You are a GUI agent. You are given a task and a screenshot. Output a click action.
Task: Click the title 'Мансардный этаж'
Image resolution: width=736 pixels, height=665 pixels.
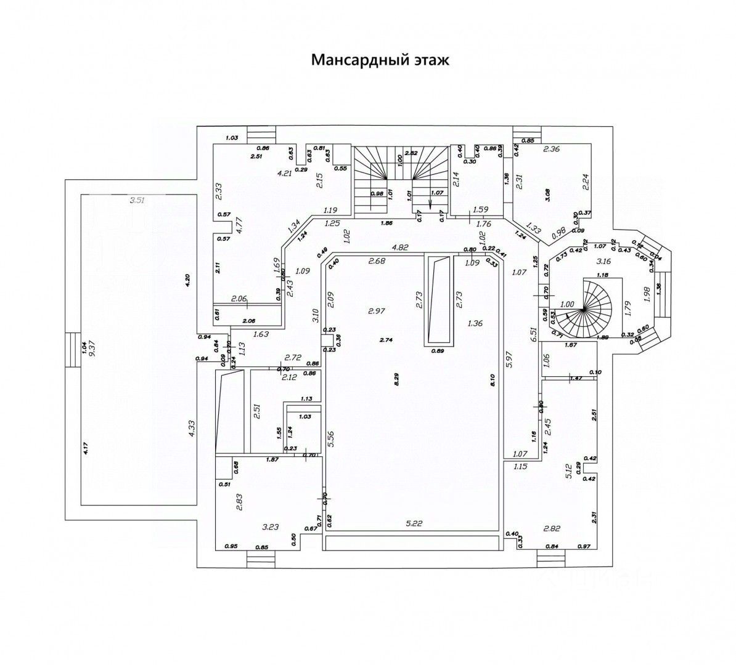(380, 60)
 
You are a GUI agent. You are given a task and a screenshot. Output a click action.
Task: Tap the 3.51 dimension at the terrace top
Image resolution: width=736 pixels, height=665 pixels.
(136, 199)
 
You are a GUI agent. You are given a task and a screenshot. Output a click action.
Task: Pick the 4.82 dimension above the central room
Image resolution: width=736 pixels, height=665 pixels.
(401, 248)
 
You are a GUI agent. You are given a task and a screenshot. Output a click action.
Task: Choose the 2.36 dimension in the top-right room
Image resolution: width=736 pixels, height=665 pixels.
(551, 148)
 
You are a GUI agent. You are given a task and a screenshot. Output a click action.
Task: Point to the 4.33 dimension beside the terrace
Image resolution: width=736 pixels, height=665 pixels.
(192, 429)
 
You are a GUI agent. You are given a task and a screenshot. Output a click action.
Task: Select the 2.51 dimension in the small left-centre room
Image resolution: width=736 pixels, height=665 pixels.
(256, 411)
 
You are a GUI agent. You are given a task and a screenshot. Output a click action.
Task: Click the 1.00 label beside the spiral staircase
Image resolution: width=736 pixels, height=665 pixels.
(568, 304)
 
